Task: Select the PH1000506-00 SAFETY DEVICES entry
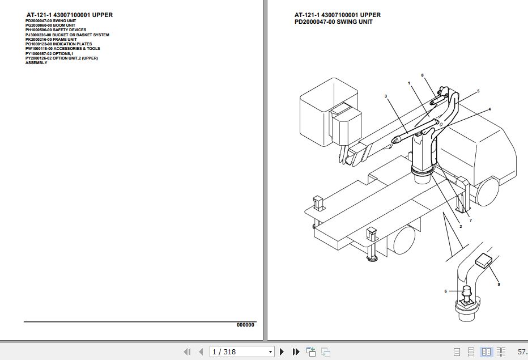pyautogui.click(x=56, y=30)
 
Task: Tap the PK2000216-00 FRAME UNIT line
pyautogui.click(x=50, y=40)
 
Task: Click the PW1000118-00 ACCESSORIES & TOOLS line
pyautogui.click(x=62, y=49)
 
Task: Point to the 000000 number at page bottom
pyautogui.click(x=245, y=325)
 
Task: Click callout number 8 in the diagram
pyautogui.click(x=422, y=75)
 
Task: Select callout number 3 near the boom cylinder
pyautogui.click(x=386, y=96)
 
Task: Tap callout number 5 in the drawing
pyautogui.click(x=478, y=91)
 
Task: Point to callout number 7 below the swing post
pyautogui.click(x=470, y=220)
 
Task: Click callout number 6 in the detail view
pyautogui.click(x=446, y=291)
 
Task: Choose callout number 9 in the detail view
pyautogui.click(x=499, y=284)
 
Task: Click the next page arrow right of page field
pyautogui.click(x=282, y=352)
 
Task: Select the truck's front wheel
pyautogui.click(x=486, y=190)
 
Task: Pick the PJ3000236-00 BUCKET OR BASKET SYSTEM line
pyautogui.click(x=67, y=35)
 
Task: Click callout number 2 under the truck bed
pyautogui.click(x=460, y=226)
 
